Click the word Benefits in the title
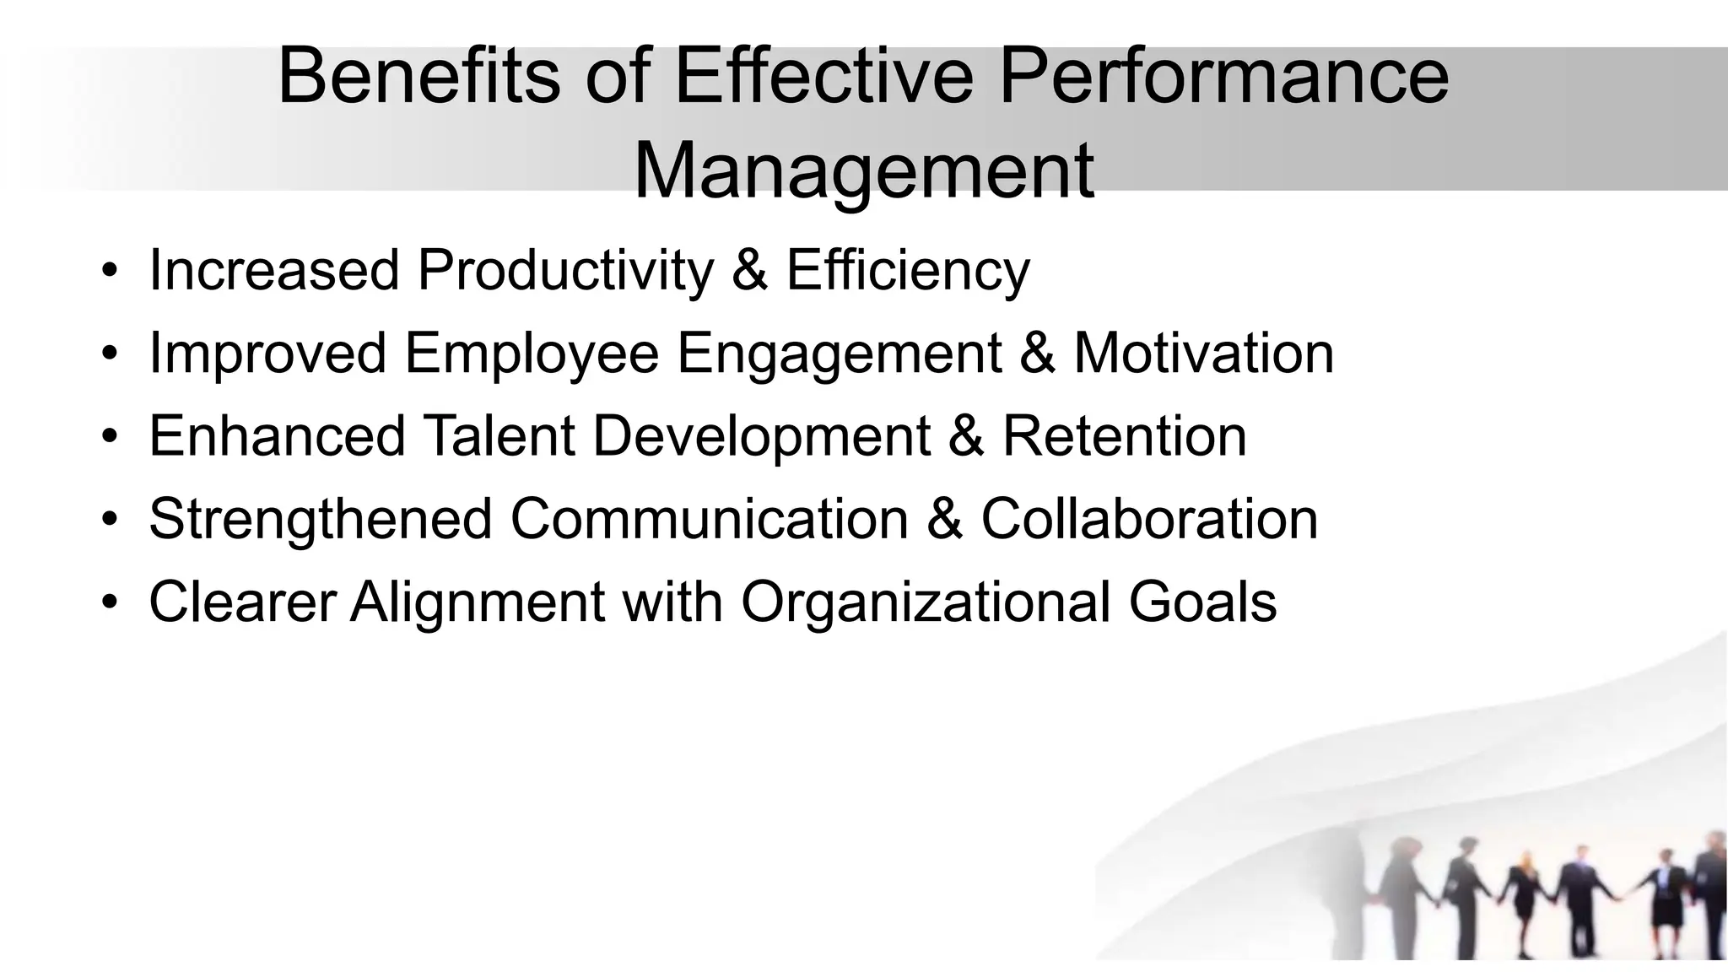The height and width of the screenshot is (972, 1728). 418,77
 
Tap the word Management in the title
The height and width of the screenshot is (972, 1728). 863,172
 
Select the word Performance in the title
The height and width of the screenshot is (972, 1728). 1223,77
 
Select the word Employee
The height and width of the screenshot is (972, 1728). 532,354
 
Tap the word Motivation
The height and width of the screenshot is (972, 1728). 1203,354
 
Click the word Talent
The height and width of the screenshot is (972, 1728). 499,436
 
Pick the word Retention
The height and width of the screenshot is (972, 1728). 1124,436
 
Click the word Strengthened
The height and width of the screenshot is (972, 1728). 321,519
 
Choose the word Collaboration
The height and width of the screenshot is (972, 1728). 1149,519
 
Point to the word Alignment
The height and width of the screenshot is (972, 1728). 478,602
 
